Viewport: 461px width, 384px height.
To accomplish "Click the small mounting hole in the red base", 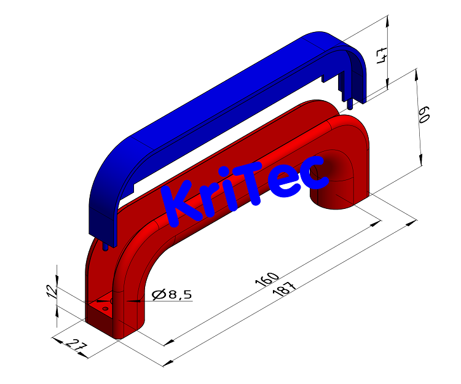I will tap(105, 308).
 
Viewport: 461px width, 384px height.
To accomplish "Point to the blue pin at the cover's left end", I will tap(108, 246).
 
